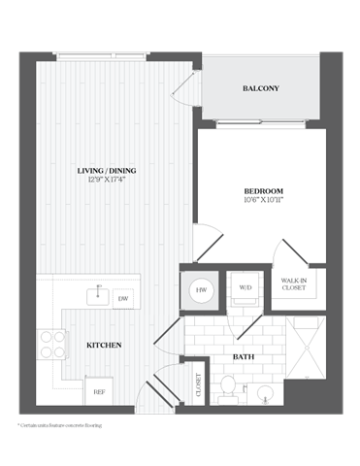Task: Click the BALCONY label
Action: click(260, 89)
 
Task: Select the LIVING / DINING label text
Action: click(107, 172)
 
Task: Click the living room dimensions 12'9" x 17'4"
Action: click(107, 183)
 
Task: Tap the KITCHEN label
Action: click(104, 345)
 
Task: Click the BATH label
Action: click(245, 357)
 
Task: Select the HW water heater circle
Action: click(200, 288)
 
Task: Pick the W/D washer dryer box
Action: click(244, 287)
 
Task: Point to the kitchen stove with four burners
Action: click(52, 345)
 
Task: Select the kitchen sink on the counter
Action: click(96, 294)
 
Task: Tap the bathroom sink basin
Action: click(262, 393)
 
